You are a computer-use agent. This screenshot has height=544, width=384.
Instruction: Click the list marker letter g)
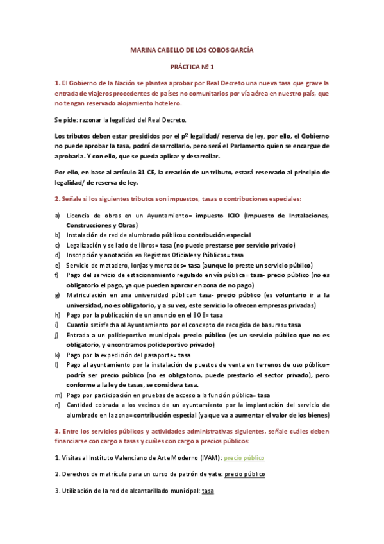point(58,294)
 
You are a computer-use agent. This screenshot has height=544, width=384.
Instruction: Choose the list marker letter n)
point(58,405)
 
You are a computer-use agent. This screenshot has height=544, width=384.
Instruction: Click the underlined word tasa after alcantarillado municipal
point(208,491)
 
